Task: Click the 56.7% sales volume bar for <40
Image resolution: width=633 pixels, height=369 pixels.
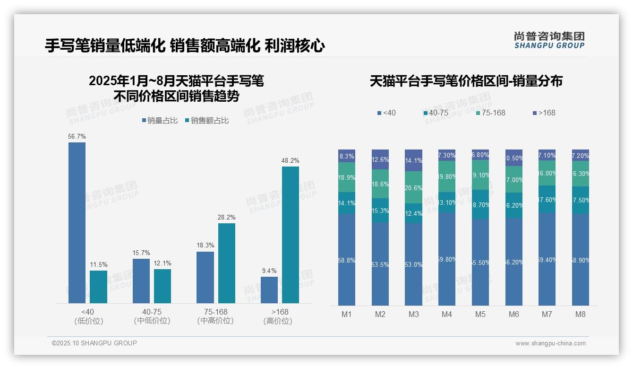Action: pos(77,222)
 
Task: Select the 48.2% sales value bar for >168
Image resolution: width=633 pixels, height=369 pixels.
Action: pos(291,235)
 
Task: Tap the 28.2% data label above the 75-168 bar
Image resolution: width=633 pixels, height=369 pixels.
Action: pos(227,217)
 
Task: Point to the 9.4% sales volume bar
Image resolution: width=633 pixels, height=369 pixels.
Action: pos(269,290)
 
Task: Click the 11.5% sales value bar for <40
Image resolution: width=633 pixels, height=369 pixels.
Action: pos(98,287)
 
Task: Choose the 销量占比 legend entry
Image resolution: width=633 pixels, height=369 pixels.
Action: pos(160,121)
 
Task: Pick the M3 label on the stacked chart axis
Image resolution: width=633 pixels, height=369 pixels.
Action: pos(413,314)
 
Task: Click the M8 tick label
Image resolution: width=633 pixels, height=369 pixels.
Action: pos(581,314)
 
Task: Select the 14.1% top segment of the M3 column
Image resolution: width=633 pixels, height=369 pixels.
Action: pos(413,160)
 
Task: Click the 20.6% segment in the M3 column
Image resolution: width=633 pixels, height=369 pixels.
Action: pos(413,187)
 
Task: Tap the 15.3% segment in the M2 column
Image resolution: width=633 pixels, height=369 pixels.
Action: pos(380,210)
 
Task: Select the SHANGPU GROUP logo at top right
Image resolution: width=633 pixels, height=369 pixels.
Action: pos(549,40)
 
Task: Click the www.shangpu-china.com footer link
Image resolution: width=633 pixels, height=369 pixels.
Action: pos(550,343)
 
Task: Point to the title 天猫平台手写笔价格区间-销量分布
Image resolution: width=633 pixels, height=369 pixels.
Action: pos(466,81)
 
